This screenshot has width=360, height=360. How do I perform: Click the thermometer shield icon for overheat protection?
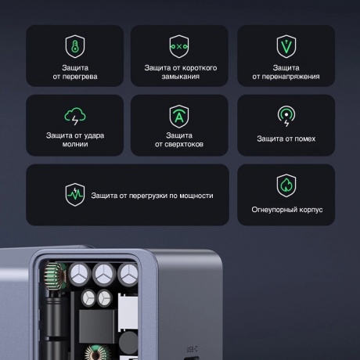(x=74, y=45)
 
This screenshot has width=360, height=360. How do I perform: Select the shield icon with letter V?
(x=286, y=45)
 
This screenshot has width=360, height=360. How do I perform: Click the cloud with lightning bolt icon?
(x=74, y=116)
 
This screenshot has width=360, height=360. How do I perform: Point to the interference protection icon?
(x=286, y=116)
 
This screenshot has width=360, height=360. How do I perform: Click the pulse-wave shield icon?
(x=74, y=194)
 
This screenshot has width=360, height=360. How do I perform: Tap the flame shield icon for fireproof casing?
(x=286, y=185)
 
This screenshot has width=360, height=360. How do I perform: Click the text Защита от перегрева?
(x=75, y=72)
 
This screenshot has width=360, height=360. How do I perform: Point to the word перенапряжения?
(x=286, y=77)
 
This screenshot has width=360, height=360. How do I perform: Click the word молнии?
(x=75, y=145)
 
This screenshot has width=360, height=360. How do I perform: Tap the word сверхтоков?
(x=180, y=145)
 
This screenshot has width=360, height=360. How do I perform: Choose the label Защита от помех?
(x=286, y=139)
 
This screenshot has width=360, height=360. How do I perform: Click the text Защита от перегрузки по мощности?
(x=152, y=195)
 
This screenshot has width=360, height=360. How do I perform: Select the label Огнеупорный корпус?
(x=286, y=210)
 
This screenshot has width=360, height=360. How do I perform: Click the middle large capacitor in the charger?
(x=103, y=273)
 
